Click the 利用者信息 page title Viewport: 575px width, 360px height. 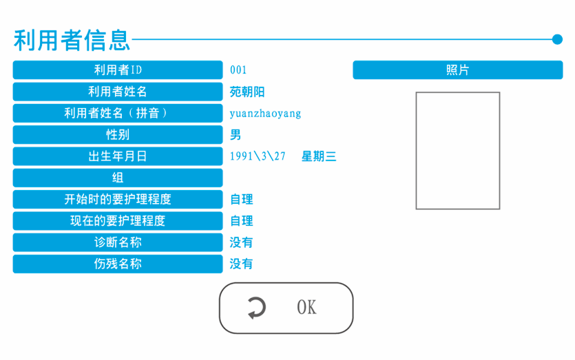pyautogui.click(x=72, y=39)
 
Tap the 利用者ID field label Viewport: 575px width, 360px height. pyautogui.click(x=118, y=70)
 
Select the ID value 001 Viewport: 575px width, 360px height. pyautogui.click(x=238, y=70)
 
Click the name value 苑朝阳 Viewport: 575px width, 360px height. pyautogui.click(x=247, y=92)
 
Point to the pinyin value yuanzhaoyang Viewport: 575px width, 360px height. pyautogui.click(x=265, y=113)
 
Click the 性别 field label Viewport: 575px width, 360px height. pyautogui.click(x=118, y=134)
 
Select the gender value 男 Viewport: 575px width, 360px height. pyautogui.click(x=236, y=135)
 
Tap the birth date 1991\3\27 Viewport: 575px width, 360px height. pyautogui.click(x=258, y=156)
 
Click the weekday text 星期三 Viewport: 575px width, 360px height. pyautogui.click(x=319, y=156)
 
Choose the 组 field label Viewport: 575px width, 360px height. pyautogui.click(x=118, y=178)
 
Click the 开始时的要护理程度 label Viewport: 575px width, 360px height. pyautogui.click(x=118, y=200)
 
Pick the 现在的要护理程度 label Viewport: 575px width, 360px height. pyautogui.click(x=118, y=221)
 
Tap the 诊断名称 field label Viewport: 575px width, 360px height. pyautogui.click(x=118, y=242)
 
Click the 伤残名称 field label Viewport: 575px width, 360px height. pyautogui.click(x=118, y=264)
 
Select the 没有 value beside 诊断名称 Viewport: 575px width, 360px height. pyautogui.click(x=242, y=242)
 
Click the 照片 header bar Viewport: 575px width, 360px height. pyautogui.click(x=458, y=70)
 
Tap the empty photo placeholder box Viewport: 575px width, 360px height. pyautogui.click(x=458, y=150)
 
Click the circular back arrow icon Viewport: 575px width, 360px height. pyautogui.click(x=256, y=308)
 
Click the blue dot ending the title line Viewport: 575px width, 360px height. pyautogui.click(x=558, y=39)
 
